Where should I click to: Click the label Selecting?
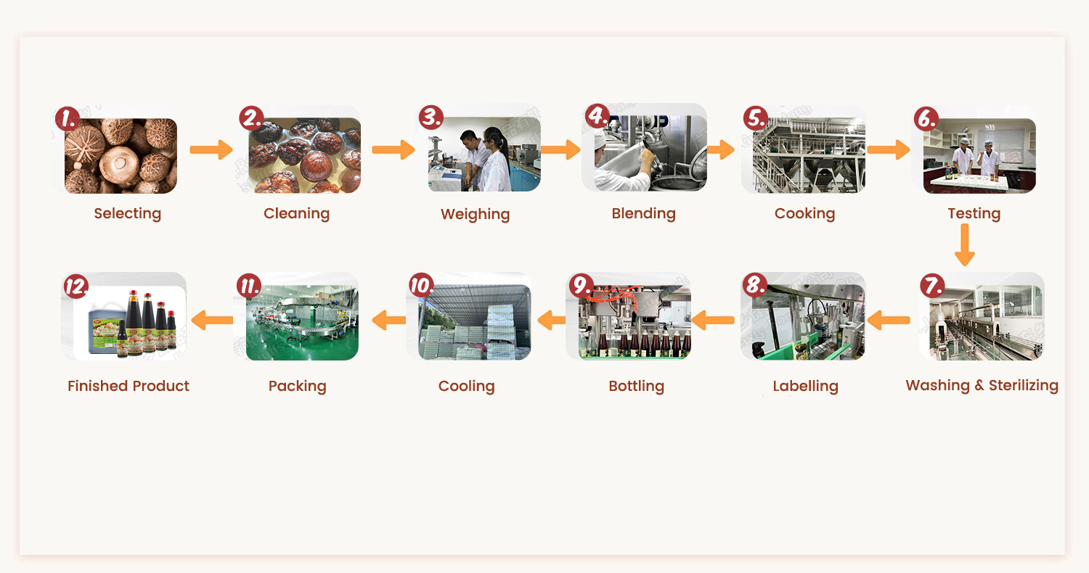127,213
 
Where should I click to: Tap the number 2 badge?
252,118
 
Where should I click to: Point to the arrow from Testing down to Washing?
964,245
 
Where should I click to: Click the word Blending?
643,213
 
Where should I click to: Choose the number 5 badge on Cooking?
756,118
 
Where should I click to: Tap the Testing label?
974,213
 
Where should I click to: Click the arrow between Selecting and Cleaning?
211,150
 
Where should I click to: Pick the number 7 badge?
931,285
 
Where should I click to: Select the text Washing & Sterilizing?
982,385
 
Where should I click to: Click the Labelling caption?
805,386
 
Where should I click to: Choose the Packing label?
297,386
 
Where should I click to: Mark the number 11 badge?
248,285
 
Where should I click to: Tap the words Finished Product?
129,386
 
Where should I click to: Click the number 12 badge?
76,285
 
